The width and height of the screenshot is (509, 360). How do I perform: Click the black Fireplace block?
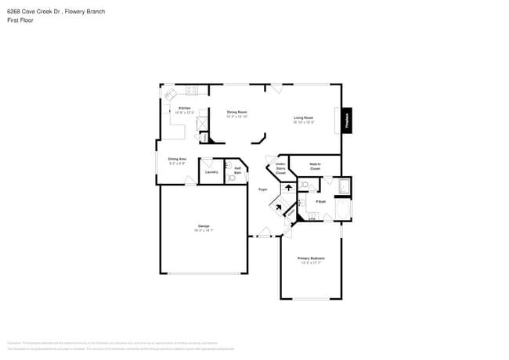pyautogui.click(x=346, y=120)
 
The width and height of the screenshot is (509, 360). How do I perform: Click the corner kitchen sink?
pyautogui.click(x=169, y=93)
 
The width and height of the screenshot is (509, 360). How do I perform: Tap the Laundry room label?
pyautogui.click(x=211, y=171)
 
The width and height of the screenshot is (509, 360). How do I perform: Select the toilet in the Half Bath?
pyautogui.click(x=231, y=178)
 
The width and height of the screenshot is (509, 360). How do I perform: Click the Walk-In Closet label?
pyautogui.click(x=315, y=167)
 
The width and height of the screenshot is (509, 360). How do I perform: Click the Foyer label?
pyautogui.click(x=263, y=189)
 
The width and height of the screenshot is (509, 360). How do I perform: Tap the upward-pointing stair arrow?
pyautogui.click(x=288, y=188)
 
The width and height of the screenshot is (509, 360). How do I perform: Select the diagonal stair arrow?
pyautogui.click(x=276, y=207)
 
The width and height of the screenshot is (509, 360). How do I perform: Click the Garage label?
pyautogui.click(x=204, y=228)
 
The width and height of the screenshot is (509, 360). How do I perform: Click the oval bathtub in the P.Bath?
pyautogui.click(x=342, y=210)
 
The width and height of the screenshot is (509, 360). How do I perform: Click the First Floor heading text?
pyautogui.click(x=19, y=21)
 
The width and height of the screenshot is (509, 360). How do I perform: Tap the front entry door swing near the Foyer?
pyautogui.click(x=264, y=232)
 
